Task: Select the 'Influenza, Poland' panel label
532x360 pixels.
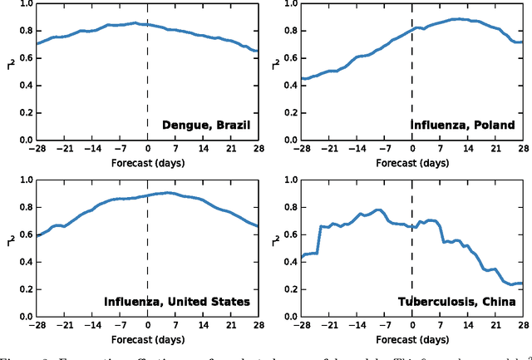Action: (x=463, y=126)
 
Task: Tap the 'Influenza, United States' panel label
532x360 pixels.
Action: (x=177, y=301)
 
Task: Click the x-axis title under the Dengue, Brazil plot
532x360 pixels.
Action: (x=147, y=163)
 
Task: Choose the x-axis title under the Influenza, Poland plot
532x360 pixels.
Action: (x=411, y=163)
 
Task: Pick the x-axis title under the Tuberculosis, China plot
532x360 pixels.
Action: (x=411, y=338)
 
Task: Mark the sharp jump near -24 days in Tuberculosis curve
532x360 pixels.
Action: (x=320, y=239)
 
